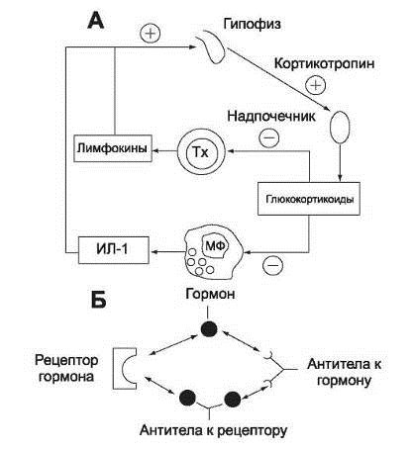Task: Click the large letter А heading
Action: tap(96, 21)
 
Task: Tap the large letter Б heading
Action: tap(98, 300)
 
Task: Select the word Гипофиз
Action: tap(252, 24)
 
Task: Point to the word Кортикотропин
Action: tap(325, 63)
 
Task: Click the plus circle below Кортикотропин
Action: tap(316, 85)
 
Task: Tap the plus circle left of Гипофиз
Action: tap(150, 34)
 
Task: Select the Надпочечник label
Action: tap(271, 117)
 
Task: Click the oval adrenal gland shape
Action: tap(340, 127)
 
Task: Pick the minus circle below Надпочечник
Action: tap(269, 136)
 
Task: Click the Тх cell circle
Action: tap(201, 152)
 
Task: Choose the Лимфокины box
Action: tap(113, 148)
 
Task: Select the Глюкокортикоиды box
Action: tap(309, 199)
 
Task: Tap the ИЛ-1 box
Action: tap(113, 249)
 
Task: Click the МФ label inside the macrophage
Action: tap(215, 245)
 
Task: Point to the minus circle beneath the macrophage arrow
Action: tap(272, 265)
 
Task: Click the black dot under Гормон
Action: tap(209, 328)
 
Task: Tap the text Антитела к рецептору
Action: tap(213, 430)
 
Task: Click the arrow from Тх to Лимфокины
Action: tap(165, 151)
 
